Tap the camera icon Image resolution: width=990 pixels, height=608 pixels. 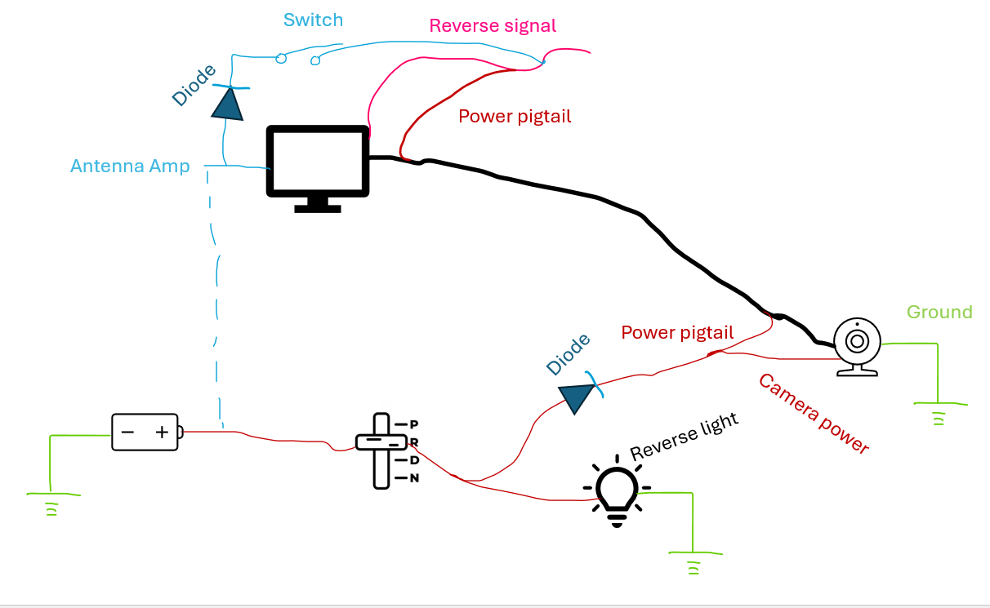(857, 346)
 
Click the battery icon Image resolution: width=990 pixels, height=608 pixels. (146, 432)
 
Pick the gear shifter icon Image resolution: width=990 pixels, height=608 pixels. (381, 450)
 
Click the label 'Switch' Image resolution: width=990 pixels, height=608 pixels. (313, 20)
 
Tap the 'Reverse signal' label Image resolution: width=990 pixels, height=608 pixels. (493, 25)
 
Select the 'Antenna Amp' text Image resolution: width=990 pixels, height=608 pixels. (130, 166)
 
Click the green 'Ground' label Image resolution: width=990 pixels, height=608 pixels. (939, 312)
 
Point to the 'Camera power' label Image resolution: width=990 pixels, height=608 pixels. (813, 414)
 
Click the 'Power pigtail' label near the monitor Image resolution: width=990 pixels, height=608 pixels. (515, 116)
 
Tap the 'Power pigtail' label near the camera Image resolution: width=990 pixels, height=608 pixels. (677, 332)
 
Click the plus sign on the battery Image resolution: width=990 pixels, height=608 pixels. (162, 433)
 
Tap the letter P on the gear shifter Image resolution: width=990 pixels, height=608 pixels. (414, 424)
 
